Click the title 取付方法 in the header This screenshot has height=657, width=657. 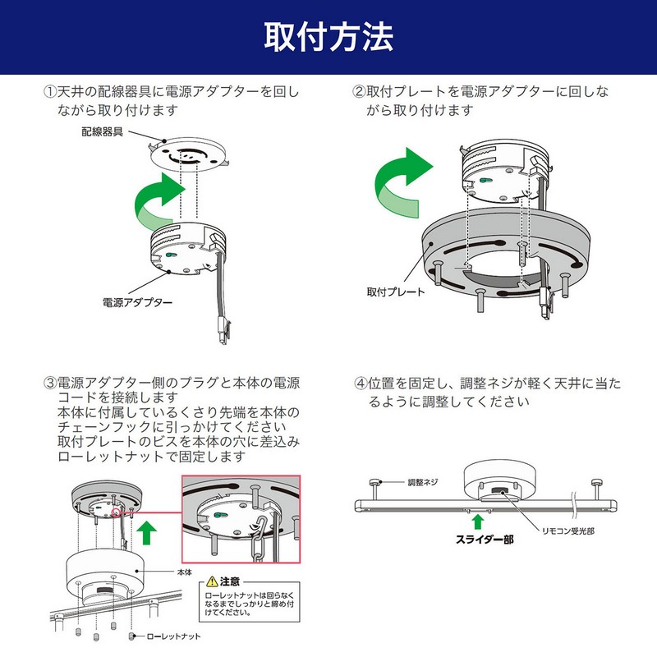click(x=328, y=37)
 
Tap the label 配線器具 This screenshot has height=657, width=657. click(x=102, y=131)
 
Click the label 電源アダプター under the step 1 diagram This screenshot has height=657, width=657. click(x=137, y=302)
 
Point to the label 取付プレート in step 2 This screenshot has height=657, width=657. click(x=396, y=292)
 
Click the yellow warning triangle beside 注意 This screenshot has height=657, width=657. click(x=213, y=581)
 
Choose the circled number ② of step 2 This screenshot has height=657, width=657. click(x=358, y=92)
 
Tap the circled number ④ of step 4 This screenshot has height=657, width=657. click(x=360, y=384)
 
